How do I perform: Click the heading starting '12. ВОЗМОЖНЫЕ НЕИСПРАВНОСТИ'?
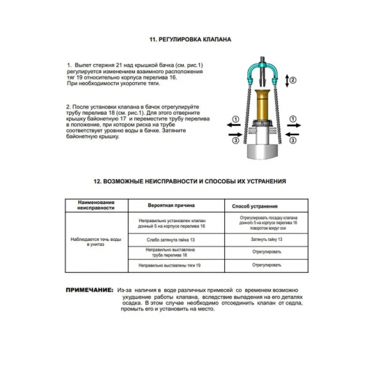click(191, 180)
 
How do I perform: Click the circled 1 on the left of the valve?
click(235, 119)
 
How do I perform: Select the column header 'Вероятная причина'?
click(171, 207)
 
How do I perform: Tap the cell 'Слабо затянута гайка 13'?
click(171, 239)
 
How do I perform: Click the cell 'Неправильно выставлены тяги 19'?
click(171, 265)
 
